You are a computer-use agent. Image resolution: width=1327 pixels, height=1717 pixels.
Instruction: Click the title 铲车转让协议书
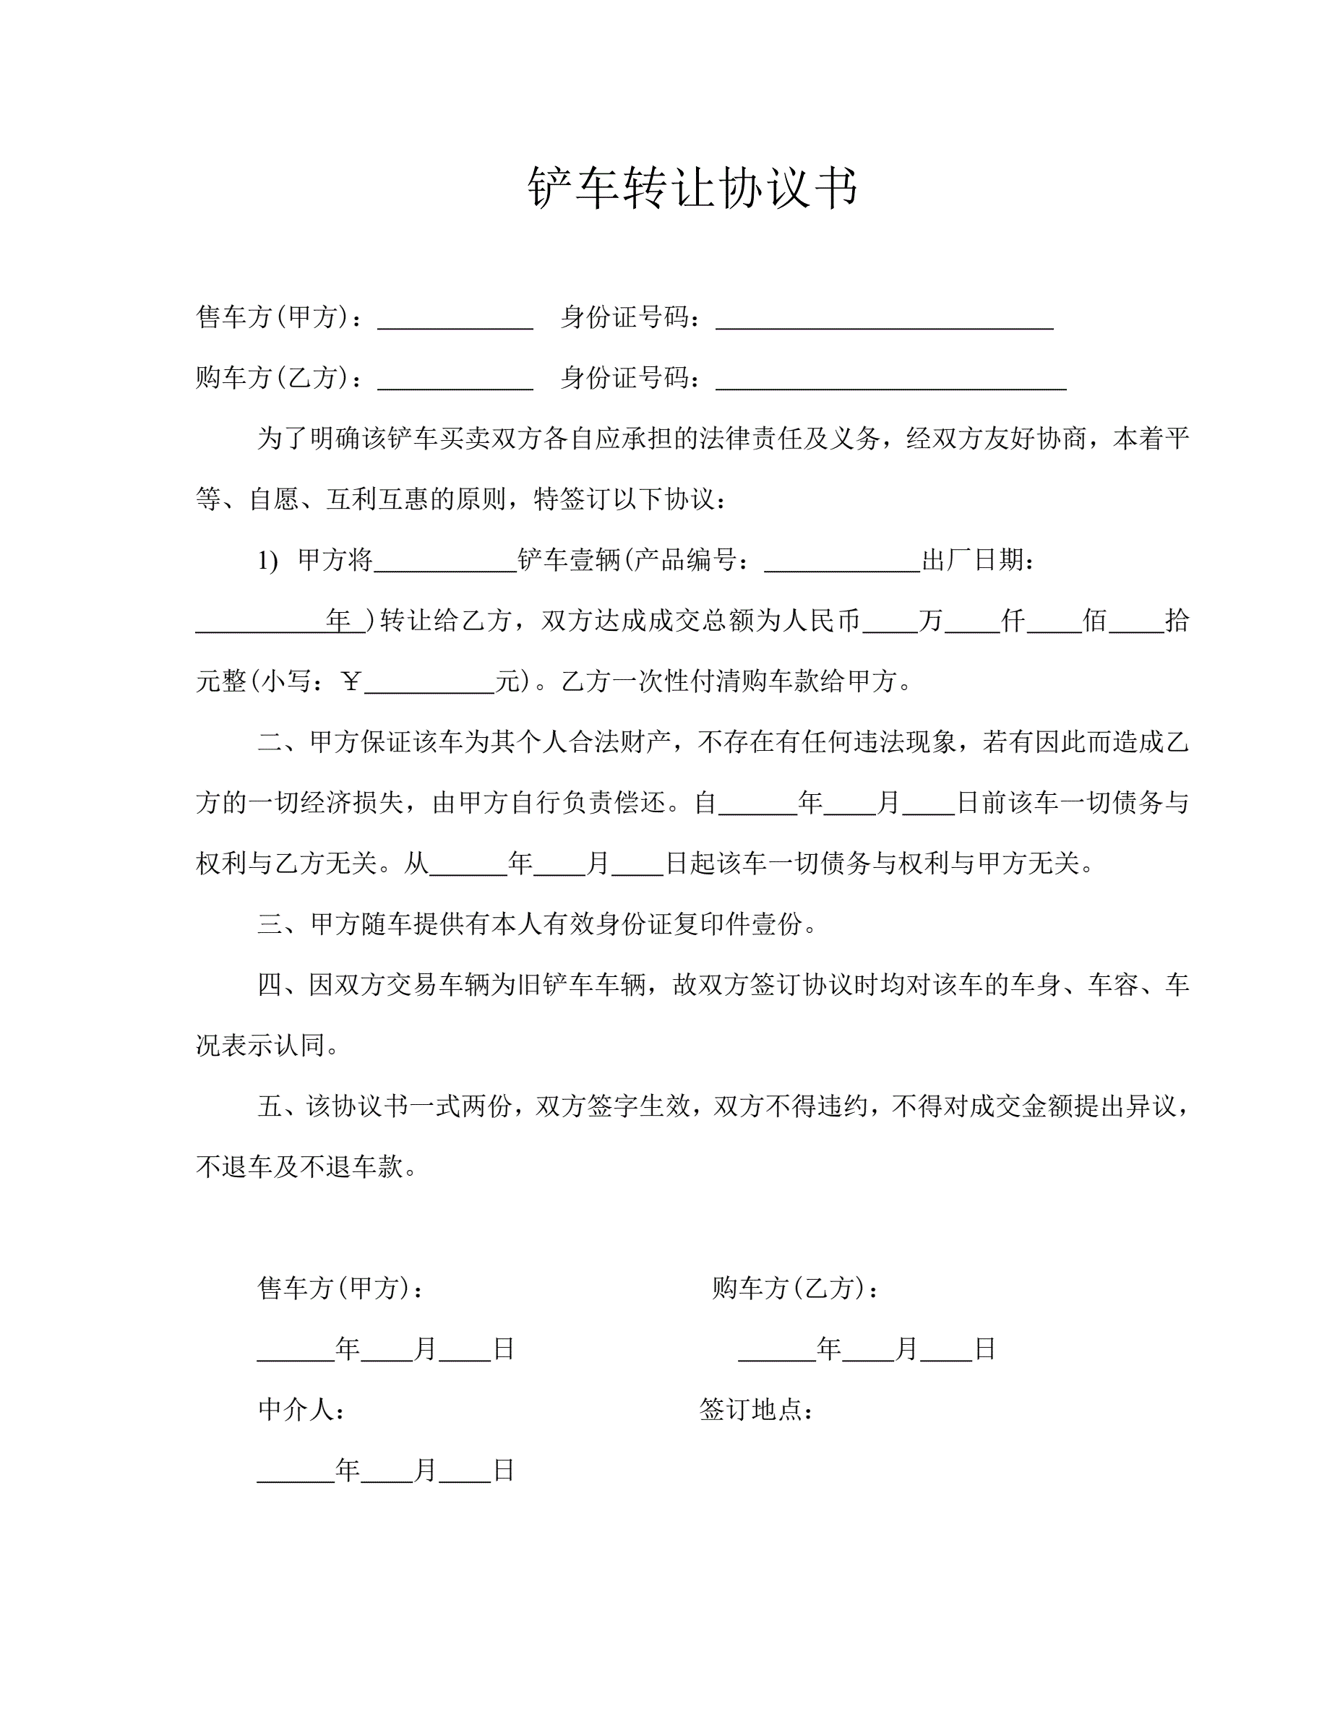pos(692,188)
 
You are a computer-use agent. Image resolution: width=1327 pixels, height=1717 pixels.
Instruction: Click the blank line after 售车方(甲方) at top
pos(455,319)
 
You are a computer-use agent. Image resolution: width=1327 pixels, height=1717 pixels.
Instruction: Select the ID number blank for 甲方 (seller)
pos(884,319)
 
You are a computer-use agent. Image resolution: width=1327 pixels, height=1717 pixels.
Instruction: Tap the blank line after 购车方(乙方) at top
pos(455,379)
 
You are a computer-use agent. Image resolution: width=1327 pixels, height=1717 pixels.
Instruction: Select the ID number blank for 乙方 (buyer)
pos(890,379)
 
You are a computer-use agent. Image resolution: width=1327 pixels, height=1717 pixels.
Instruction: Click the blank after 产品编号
pos(841,562)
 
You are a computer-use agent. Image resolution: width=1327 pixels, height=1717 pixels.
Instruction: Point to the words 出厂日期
pos(978,561)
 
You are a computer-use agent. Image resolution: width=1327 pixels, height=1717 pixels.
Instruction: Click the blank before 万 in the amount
pos(890,623)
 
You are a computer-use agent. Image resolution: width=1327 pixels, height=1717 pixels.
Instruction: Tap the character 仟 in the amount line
pos(1013,621)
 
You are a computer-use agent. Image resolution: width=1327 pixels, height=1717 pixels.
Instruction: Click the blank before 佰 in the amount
pos(1053,623)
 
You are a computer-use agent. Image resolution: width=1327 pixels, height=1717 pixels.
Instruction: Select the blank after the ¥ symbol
pos(429,683)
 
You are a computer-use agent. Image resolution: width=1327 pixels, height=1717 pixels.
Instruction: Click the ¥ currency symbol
pos(351,681)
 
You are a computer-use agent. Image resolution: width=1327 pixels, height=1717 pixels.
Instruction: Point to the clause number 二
pos(270,742)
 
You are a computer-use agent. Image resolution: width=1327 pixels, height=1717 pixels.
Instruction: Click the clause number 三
pos(270,924)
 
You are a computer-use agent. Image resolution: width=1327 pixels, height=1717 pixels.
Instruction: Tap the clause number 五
pos(270,1107)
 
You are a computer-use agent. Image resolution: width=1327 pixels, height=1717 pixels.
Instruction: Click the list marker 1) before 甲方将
pos(268,561)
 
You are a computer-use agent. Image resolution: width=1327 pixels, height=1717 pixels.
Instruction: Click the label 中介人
pos(301,1410)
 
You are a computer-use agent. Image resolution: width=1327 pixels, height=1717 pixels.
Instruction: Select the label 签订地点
pos(755,1410)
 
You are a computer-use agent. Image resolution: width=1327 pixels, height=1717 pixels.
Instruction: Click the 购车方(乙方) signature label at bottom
pos(795,1288)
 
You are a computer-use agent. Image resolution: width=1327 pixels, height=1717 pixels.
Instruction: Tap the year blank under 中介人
pos(296,1472)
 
